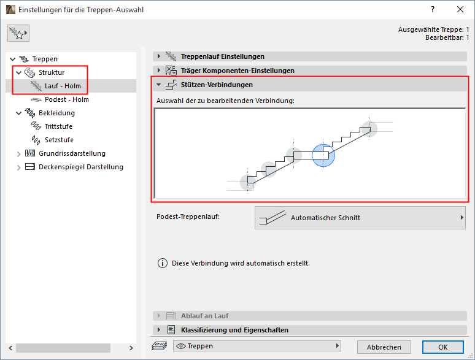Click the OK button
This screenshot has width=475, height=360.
[x=442, y=347]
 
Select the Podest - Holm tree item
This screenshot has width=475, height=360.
[x=67, y=99]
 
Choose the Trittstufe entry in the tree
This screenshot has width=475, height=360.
[x=58, y=126]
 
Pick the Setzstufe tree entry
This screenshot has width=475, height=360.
[x=59, y=140]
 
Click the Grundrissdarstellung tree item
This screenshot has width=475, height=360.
[x=72, y=153]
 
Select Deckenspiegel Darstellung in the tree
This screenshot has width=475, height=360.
[x=81, y=167]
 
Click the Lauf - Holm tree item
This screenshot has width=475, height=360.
[x=63, y=86]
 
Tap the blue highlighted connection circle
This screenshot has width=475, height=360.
[x=323, y=155]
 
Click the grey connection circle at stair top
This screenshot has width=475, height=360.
[x=369, y=129]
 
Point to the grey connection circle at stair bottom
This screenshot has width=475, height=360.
[x=248, y=183]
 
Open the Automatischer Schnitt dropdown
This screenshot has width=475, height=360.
[x=360, y=218]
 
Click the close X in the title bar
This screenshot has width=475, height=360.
[x=460, y=9]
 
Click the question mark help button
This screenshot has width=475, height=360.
[x=433, y=9]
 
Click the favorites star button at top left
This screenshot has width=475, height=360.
[x=18, y=33]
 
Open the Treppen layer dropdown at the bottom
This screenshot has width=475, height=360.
[x=257, y=346]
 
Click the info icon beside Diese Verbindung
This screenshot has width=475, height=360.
[x=163, y=263]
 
